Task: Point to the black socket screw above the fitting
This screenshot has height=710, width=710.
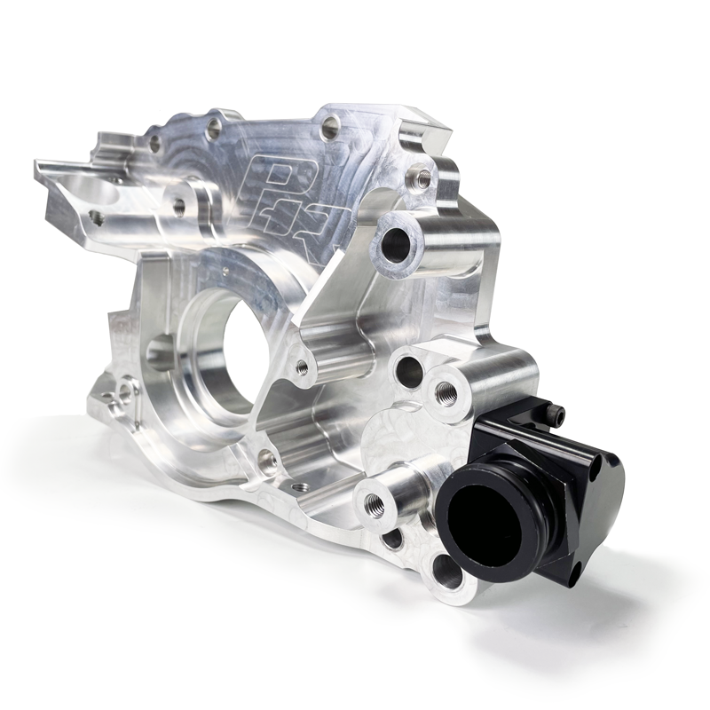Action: (556, 413)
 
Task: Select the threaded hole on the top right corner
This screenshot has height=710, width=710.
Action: (424, 178)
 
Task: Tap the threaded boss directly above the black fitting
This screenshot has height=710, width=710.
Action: (446, 391)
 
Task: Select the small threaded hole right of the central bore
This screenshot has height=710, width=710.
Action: (303, 367)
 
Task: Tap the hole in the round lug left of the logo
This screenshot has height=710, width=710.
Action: (178, 207)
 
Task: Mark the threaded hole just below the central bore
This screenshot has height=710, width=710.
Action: (265, 460)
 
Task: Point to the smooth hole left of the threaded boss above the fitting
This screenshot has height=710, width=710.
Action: (407, 371)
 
